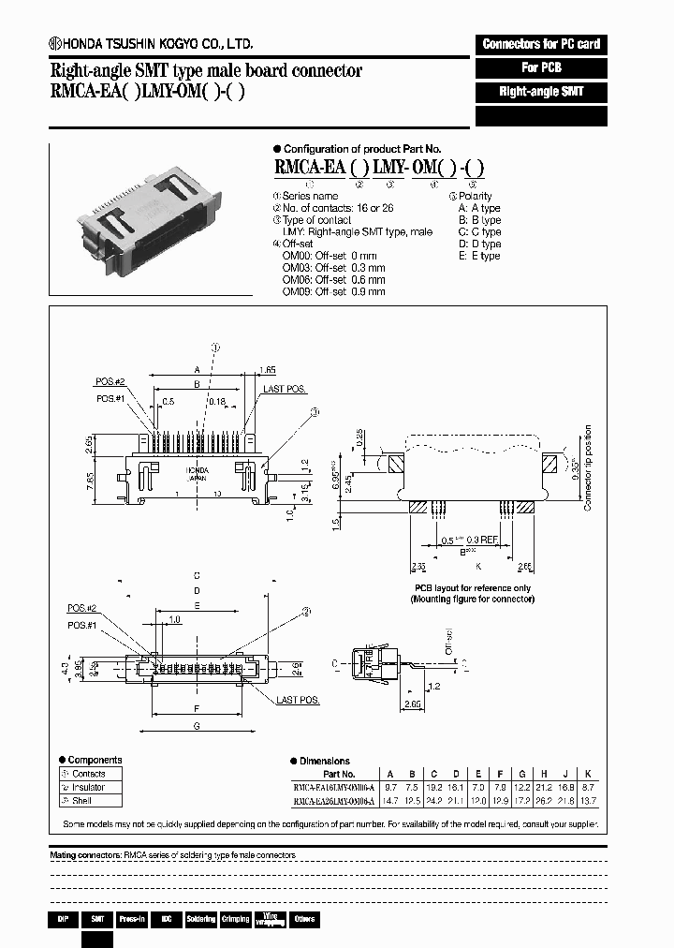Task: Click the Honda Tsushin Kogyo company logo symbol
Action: [55, 44]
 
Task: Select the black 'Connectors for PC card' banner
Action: [541, 44]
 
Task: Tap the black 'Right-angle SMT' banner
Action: [541, 93]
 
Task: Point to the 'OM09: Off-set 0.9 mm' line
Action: [333, 292]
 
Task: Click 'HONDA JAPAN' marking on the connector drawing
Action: [198, 472]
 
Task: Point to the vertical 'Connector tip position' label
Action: [588, 467]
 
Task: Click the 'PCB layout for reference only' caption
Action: [470, 587]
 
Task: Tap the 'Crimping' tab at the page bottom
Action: [235, 919]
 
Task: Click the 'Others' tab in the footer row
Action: [304, 919]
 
